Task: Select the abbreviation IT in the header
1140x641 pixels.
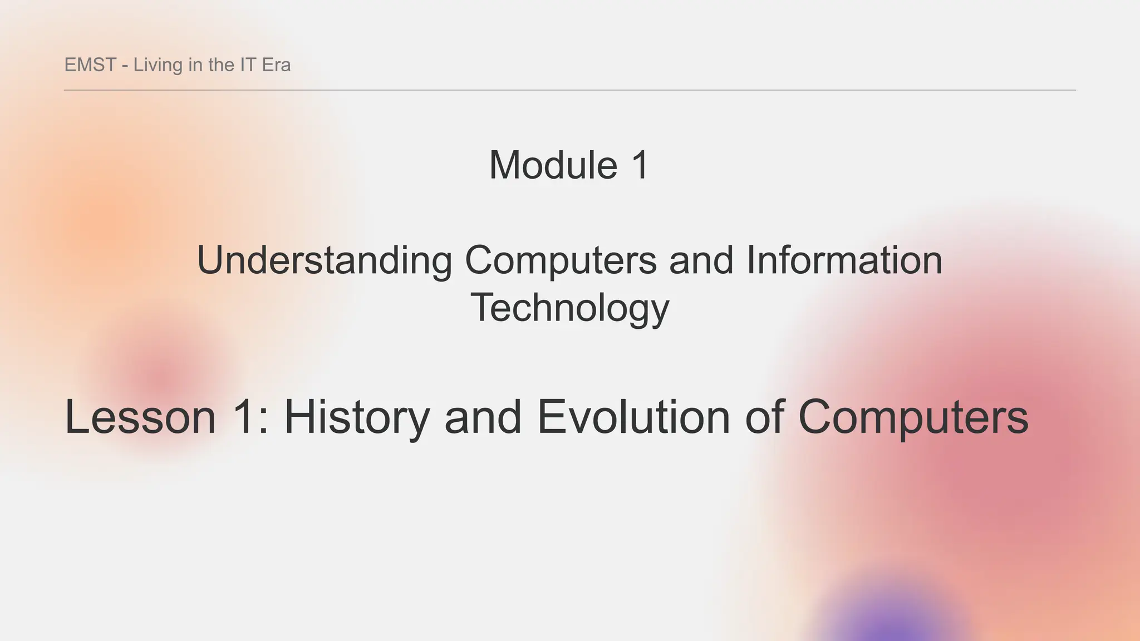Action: tap(248, 65)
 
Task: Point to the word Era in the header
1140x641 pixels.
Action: tap(276, 65)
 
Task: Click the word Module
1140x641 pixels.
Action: tap(553, 165)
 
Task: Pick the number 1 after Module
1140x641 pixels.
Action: tap(640, 165)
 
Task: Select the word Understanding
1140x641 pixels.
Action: tap(325, 260)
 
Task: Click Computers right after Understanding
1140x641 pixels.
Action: tap(561, 260)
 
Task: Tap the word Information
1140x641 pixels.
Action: tap(844, 260)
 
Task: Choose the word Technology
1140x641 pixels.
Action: tap(569, 308)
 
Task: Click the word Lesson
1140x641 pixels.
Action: tap(140, 417)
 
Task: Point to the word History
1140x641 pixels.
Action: tap(357, 417)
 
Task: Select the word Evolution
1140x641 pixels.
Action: tap(633, 417)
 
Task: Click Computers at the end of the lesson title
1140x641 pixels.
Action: tap(913, 417)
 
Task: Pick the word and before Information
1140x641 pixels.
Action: tap(701, 260)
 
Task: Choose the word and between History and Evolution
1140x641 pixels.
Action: tap(483, 417)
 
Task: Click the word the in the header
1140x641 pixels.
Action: tap(221, 65)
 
